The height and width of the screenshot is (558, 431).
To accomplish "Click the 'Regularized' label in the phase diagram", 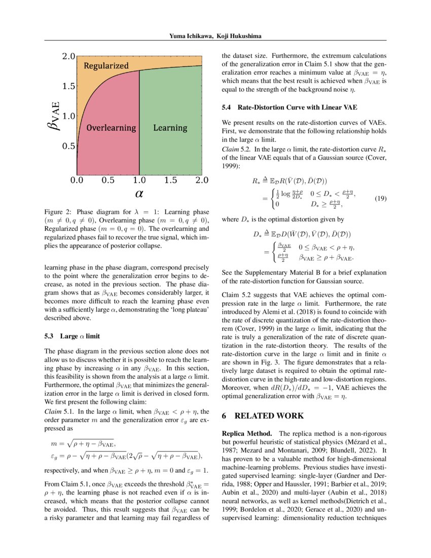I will tap(106, 66).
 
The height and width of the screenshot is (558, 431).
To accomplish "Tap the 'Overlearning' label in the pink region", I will tap(111, 128).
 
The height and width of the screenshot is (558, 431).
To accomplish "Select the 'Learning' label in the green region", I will tap(170, 128).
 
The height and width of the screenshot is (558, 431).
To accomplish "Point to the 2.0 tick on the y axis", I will tap(68, 56).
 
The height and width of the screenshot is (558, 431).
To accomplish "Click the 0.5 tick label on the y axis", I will tap(68, 146).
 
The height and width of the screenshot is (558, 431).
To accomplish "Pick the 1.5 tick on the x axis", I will tap(170, 180).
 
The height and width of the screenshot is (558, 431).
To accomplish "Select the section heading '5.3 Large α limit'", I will tap(73, 336).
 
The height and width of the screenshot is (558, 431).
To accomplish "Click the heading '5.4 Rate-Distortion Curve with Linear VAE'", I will tap(289, 108).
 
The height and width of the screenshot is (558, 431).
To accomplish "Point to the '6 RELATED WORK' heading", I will tap(263, 416).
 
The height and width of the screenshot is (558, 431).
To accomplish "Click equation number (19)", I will tap(380, 199).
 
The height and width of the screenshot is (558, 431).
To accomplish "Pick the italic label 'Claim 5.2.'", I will tap(236, 150).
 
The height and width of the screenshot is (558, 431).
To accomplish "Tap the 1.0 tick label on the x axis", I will tap(139, 180).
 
